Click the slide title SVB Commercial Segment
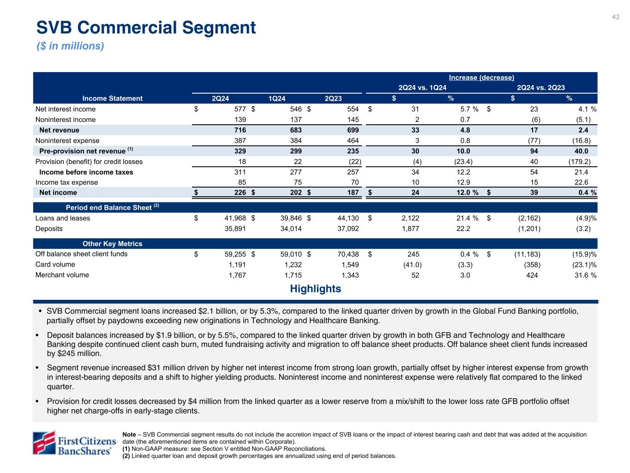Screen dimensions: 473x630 [x=146, y=28]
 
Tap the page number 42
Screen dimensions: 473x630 [x=616, y=17]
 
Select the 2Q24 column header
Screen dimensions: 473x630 [x=220, y=98]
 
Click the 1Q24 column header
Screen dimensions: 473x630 [x=277, y=98]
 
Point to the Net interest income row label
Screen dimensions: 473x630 [x=66, y=109]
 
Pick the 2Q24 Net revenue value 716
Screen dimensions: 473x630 [x=240, y=130]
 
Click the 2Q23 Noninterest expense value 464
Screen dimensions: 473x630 [x=353, y=140]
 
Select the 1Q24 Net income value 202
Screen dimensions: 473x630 [x=296, y=193]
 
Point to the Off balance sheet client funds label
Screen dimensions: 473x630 [x=81, y=254]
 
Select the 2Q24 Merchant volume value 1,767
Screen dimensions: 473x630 [x=237, y=275]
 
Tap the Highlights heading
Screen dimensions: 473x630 [x=315, y=289]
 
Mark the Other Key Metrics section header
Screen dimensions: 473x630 [x=112, y=244]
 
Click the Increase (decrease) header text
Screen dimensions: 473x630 [x=481, y=78]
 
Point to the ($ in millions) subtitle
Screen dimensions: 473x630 [x=70, y=46]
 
